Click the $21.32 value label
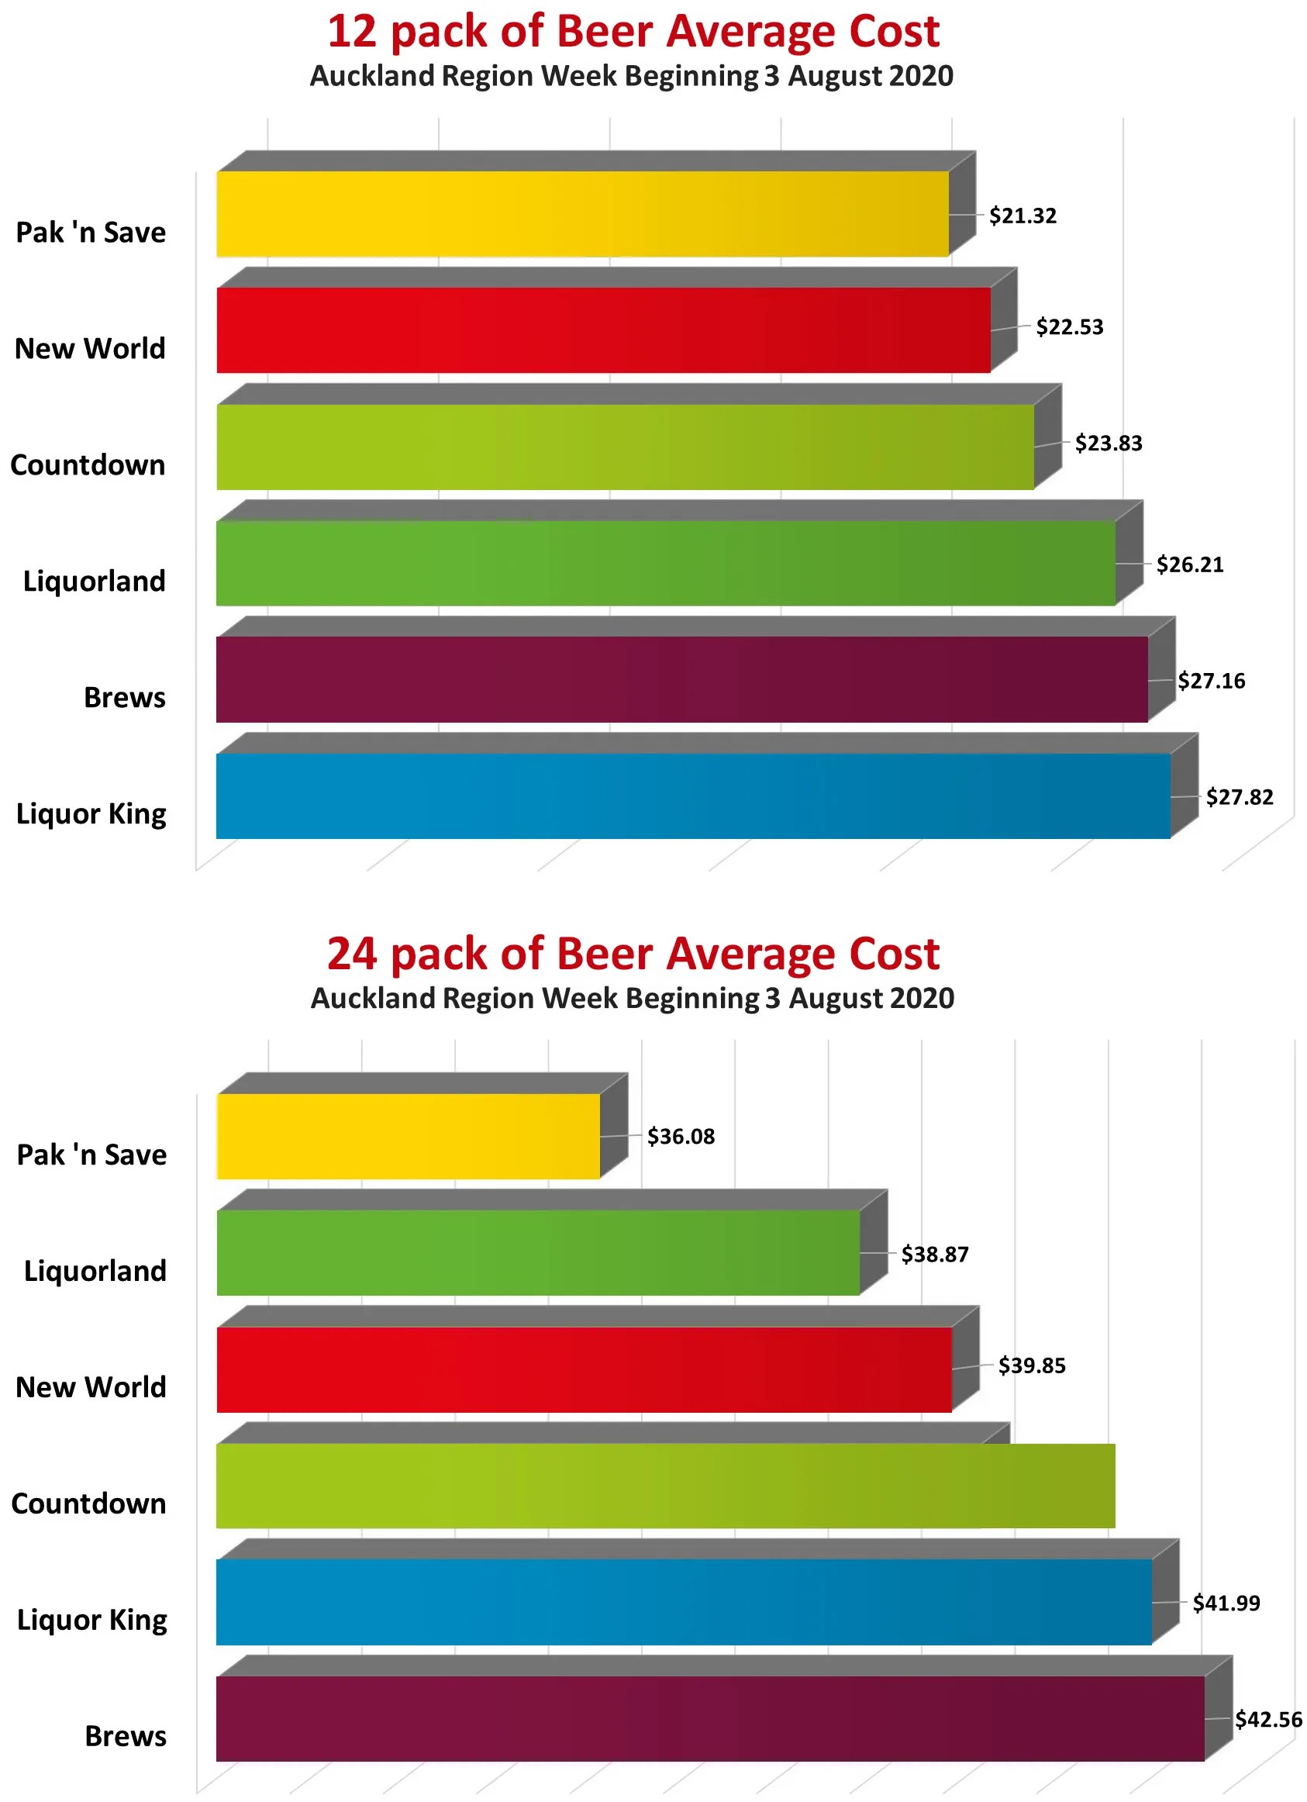coord(1022,216)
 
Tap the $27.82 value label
coord(1239,797)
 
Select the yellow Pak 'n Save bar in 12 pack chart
coord(581,214)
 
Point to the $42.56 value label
coord(1267,1719)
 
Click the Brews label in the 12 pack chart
coord(125,698)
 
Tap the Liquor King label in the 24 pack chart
coord(92,1620)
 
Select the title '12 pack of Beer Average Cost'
coord(633,32)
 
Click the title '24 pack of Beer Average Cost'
coord(633,954)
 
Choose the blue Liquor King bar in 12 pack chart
coord(692,796)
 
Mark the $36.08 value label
coord(680,1137)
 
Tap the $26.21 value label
coord(1188,565)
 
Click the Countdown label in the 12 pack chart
coord(88,464)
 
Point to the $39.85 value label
coord(1031,1365)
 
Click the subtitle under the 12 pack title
coord(631,76)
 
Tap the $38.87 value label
coord(934,1255)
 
